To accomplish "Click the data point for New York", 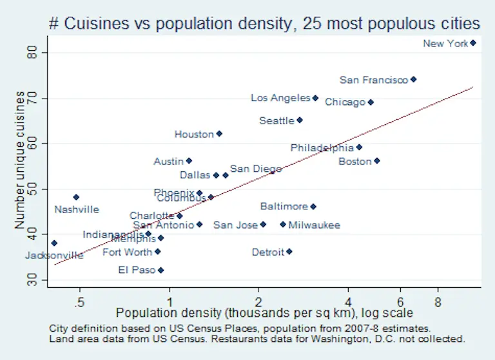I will pos(473,43).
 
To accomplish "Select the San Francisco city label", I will pos(373,80).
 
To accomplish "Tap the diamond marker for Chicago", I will pos(371,102).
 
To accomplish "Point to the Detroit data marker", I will pos(289,252).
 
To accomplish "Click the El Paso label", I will pos(137,270).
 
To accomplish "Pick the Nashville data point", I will pos(76,197).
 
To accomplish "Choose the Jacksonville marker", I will pos(54,243).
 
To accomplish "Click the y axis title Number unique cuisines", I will pos(21,160).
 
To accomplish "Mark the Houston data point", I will pos(219,134).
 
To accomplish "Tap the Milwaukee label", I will pos(314,225).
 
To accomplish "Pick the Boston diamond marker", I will pos(377,161).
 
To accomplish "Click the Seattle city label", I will pos(276,120).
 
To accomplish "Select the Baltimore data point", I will pos(313,207).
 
